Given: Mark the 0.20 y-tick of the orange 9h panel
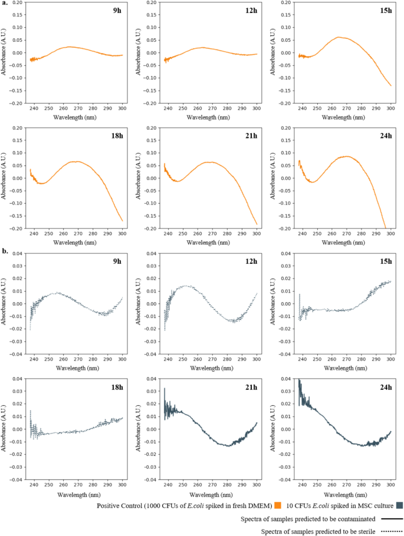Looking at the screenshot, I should click(x=19, y=2).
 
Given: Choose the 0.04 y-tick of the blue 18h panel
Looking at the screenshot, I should click(x=19, y=379).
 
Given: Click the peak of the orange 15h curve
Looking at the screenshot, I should click(x=339, y=37).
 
